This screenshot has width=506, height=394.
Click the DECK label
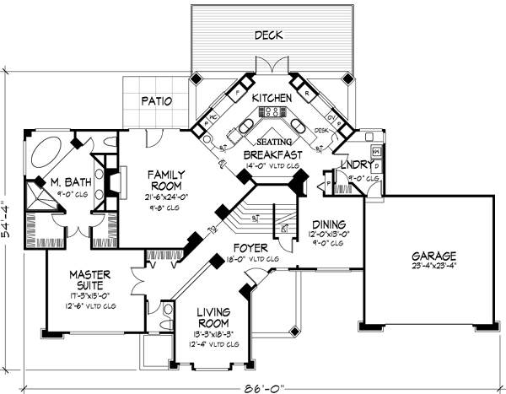tap(270, 36)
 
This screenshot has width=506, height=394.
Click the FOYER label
tap(250, 248)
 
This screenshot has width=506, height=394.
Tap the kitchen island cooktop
tap(273, 111)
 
